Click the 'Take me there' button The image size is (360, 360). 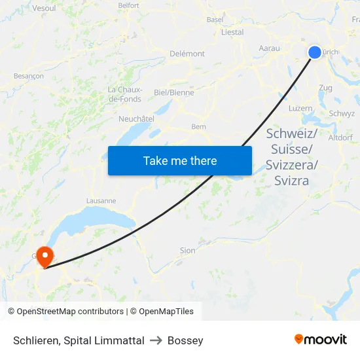180,160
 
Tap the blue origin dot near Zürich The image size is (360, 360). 315,52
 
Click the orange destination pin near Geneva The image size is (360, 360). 45,255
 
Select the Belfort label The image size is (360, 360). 129,5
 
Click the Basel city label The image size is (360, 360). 215,20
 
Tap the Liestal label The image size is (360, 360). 232,32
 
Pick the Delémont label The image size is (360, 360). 187,54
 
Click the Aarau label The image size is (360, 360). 269,48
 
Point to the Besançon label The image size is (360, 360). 29,76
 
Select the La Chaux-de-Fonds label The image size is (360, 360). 124,94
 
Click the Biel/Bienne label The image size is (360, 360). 174,92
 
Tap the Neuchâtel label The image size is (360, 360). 136,118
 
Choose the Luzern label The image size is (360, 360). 300,108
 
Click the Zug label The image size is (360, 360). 325,88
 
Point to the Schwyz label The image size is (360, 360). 342,113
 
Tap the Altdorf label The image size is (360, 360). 340,137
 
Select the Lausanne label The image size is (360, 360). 101,201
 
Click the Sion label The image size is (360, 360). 187,250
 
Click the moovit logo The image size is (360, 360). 320,340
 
